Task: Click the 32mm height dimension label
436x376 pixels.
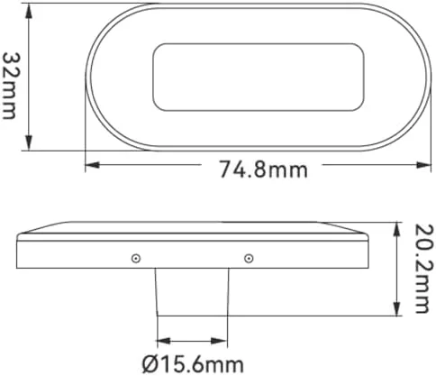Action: tap(10, 86)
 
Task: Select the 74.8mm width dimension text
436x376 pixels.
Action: tap(264, 170)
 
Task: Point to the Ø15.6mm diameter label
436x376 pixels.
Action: tap(193, 364)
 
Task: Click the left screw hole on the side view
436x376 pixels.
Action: tap(136, 258)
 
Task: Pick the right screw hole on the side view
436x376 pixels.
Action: tap(249, 258)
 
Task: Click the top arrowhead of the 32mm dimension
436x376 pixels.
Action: tap(29, 11)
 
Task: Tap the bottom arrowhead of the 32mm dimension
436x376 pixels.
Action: tap(29, 142)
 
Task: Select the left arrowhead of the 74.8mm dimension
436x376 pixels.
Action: tap(93, 165)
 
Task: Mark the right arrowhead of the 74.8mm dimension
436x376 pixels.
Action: tap(423, 165)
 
